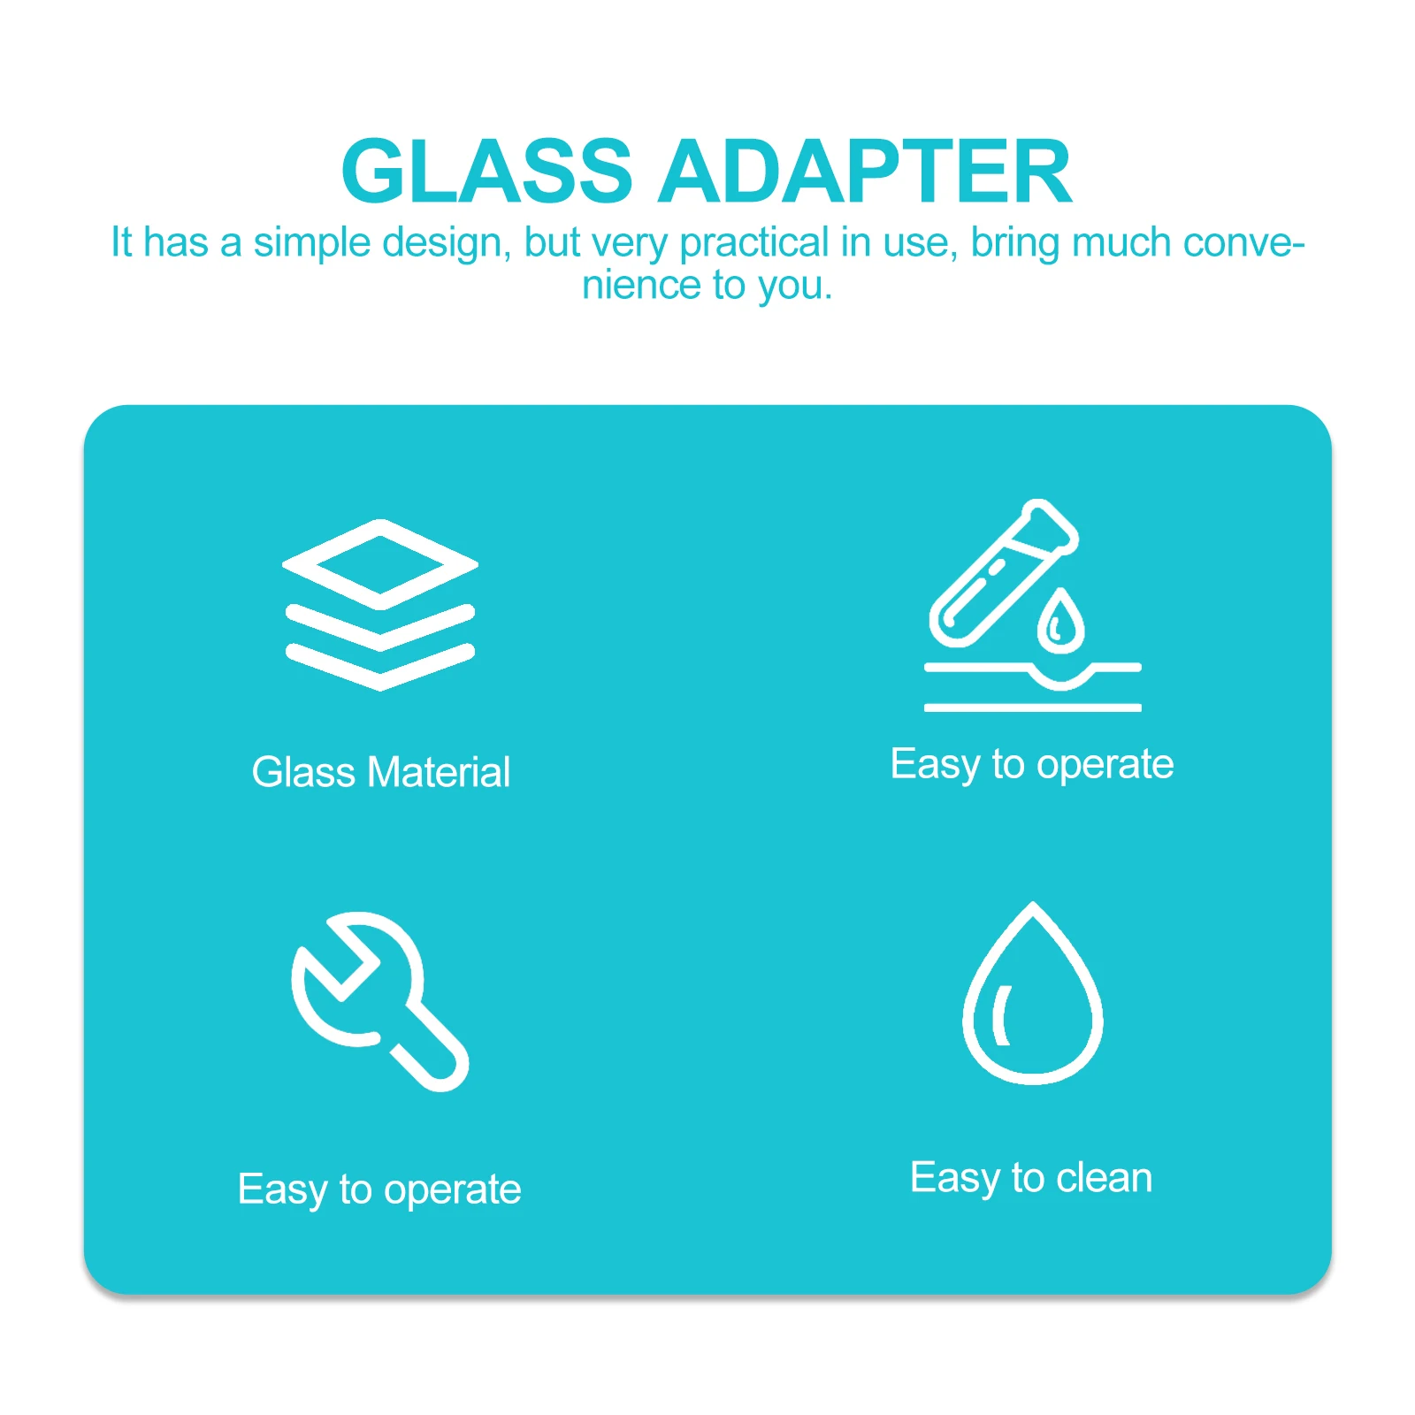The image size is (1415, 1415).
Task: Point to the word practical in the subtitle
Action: point(754,242)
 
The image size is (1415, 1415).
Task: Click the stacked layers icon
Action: point(380,605)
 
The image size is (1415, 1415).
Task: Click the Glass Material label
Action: point(380,772)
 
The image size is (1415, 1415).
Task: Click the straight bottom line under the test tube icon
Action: point(1032,707)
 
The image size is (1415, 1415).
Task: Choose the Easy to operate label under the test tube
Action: point(1032,764)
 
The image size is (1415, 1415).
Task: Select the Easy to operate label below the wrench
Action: point(379,1189)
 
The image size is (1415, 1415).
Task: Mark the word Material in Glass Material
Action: point(439,772)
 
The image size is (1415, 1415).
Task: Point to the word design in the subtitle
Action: point(446,242)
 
